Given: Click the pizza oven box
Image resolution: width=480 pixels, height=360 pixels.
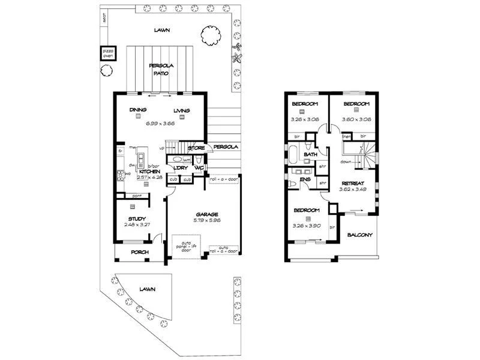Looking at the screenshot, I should click(x=107, y=53).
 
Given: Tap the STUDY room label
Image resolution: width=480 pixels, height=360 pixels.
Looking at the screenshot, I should click(x=137, y=218).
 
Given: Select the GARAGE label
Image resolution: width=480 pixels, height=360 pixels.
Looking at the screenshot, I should click(x=206, y=214).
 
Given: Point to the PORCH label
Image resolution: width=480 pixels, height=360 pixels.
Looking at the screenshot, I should click(x=139, y=253).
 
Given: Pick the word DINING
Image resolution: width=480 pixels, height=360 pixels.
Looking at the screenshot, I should click(x=138, y=110).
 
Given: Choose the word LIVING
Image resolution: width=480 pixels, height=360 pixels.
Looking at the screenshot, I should click(x=182, y=110).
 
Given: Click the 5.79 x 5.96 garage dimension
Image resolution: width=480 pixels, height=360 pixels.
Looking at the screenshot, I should click(x=206, y=221).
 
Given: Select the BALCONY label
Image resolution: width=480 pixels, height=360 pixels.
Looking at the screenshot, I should click(x=360, y=235).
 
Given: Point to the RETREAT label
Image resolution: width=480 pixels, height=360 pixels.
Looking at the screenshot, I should click(x=352, y=182).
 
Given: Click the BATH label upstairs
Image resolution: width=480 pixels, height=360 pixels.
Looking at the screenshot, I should click(x=310, y=155).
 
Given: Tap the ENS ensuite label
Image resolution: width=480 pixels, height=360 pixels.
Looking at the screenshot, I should click(x=305, y=179).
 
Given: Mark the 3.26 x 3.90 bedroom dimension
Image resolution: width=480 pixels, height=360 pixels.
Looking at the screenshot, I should click(x=305, y=226).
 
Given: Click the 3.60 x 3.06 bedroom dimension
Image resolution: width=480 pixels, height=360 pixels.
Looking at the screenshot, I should click(x=357, y=119).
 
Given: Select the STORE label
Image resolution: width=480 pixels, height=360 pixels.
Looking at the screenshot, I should click(x=196, y=148).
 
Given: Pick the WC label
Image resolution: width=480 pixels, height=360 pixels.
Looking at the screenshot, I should click(x=199, y=168).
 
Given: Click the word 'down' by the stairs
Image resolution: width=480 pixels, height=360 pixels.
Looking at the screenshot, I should click(x=346, y=162).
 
